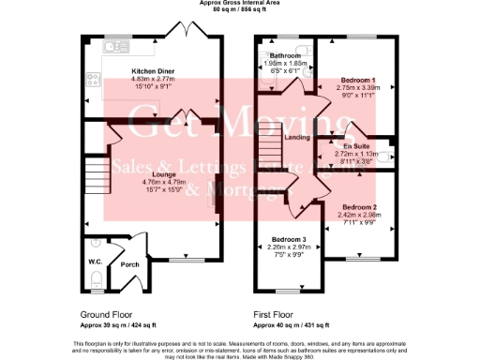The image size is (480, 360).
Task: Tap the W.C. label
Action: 96,262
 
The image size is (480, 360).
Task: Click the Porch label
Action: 129,264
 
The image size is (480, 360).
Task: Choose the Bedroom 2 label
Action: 359,206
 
